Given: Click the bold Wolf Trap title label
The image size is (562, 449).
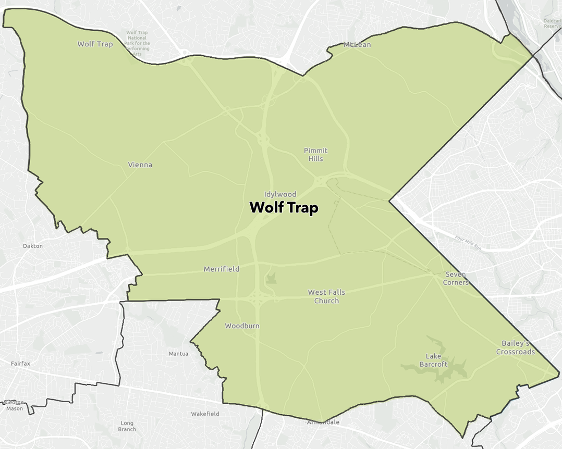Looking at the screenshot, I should (x=284, y=207).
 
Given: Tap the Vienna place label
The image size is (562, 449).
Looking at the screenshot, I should (x=140, y=165).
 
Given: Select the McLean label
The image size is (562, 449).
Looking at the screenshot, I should (x=357, y=45).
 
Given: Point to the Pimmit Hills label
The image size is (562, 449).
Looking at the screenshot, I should (x=316, y=155).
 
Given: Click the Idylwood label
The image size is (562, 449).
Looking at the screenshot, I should (x=280, y=194).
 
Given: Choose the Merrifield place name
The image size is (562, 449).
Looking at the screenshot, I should (x=222, y=269).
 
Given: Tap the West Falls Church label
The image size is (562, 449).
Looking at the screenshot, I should (x=326, y=296).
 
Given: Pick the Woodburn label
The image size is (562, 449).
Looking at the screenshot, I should (x=242, y=326).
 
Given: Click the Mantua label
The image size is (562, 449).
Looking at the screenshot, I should (x=178, y=354).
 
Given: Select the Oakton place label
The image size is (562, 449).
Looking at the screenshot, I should (x=33, y=246).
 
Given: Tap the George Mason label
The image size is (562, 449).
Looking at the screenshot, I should (x=15, y=405).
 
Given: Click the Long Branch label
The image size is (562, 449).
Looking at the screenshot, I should (x=127, y=426).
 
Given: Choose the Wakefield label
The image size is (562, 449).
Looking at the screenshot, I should (x=205, y=414).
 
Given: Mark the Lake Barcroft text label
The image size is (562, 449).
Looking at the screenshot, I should (x=434, y=360).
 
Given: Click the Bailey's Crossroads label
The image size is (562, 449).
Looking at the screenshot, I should (x=515, y=347).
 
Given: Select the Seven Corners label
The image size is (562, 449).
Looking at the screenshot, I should (x=457, y=278).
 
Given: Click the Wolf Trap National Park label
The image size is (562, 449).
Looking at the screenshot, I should (x=138, y=43).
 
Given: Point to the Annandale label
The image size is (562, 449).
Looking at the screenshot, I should (x=323, y=422).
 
